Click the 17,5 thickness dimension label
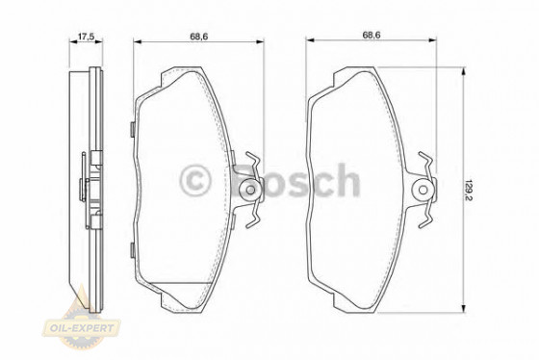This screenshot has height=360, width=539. coord(85,38)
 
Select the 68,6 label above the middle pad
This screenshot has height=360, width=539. coord(200,38)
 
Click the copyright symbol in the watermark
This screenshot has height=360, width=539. coord(195,180)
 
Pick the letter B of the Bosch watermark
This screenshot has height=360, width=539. coord(247,180)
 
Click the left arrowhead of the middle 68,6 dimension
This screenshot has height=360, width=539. coord(136,43)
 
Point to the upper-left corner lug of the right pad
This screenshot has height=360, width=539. coord(343,73)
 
